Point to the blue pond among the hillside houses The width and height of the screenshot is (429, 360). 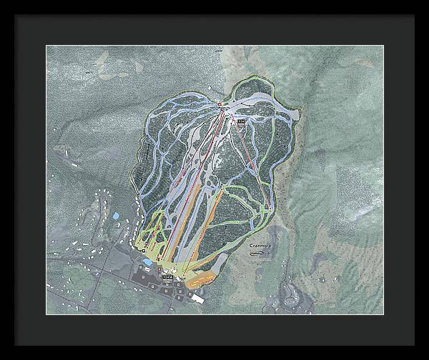pos(114,215)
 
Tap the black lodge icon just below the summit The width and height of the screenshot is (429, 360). pos(241,122)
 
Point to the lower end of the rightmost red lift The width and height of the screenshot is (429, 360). pos(267,206)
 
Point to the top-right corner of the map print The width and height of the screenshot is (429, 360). pos(383,46)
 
